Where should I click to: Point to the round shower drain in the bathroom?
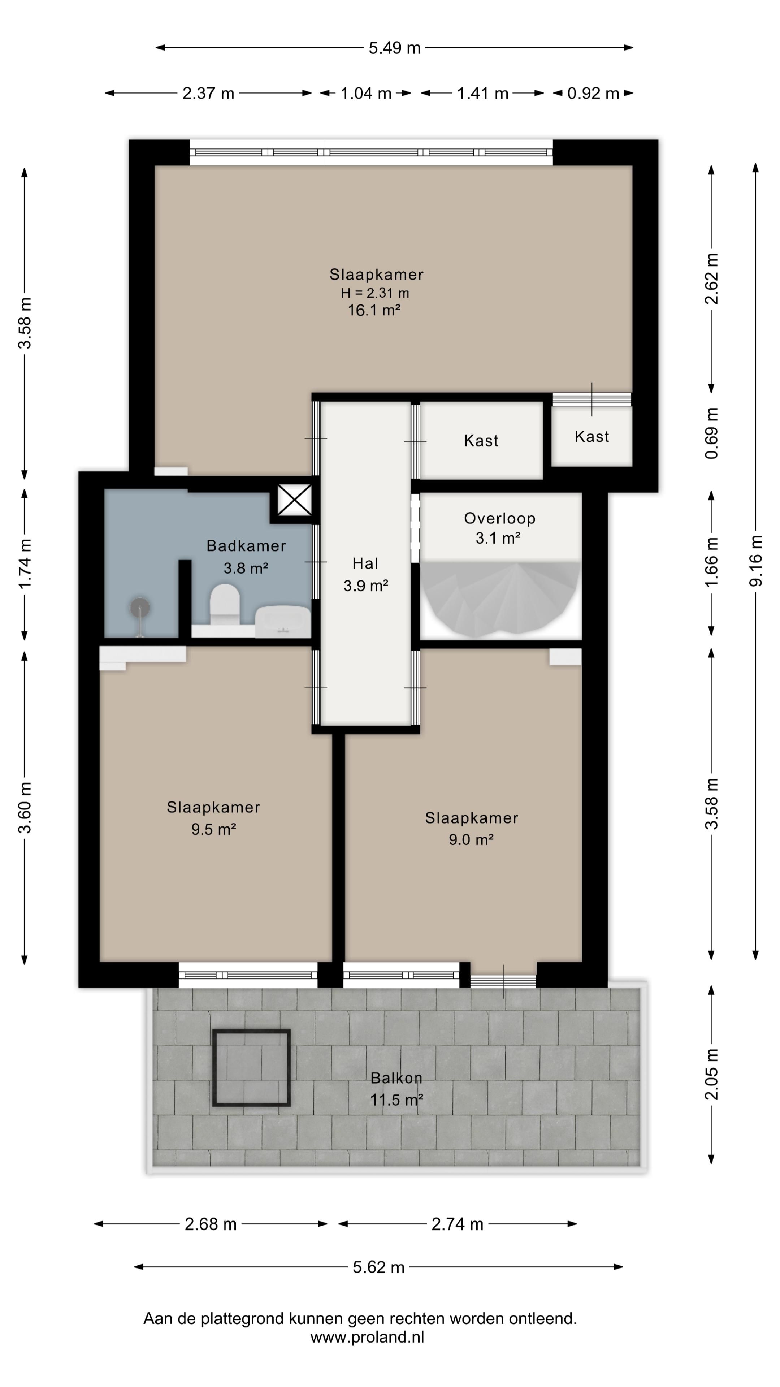point(140,607)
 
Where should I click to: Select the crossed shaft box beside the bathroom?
point(294,500)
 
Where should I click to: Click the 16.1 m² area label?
point(374,310)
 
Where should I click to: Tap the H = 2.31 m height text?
point(375,293)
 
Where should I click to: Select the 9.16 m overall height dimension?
point(756,561)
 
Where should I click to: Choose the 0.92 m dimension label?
point(593,94)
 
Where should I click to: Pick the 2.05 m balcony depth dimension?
point(712,1074)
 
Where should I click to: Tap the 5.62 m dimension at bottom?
point(378,1267)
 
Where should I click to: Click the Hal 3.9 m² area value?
point(366,586)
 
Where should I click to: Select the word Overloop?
point(499,519)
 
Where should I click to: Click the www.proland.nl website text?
point(367,1338)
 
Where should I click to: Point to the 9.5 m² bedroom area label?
point(214,829)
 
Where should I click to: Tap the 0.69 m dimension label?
point(712,433)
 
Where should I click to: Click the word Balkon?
point(396,1078)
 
